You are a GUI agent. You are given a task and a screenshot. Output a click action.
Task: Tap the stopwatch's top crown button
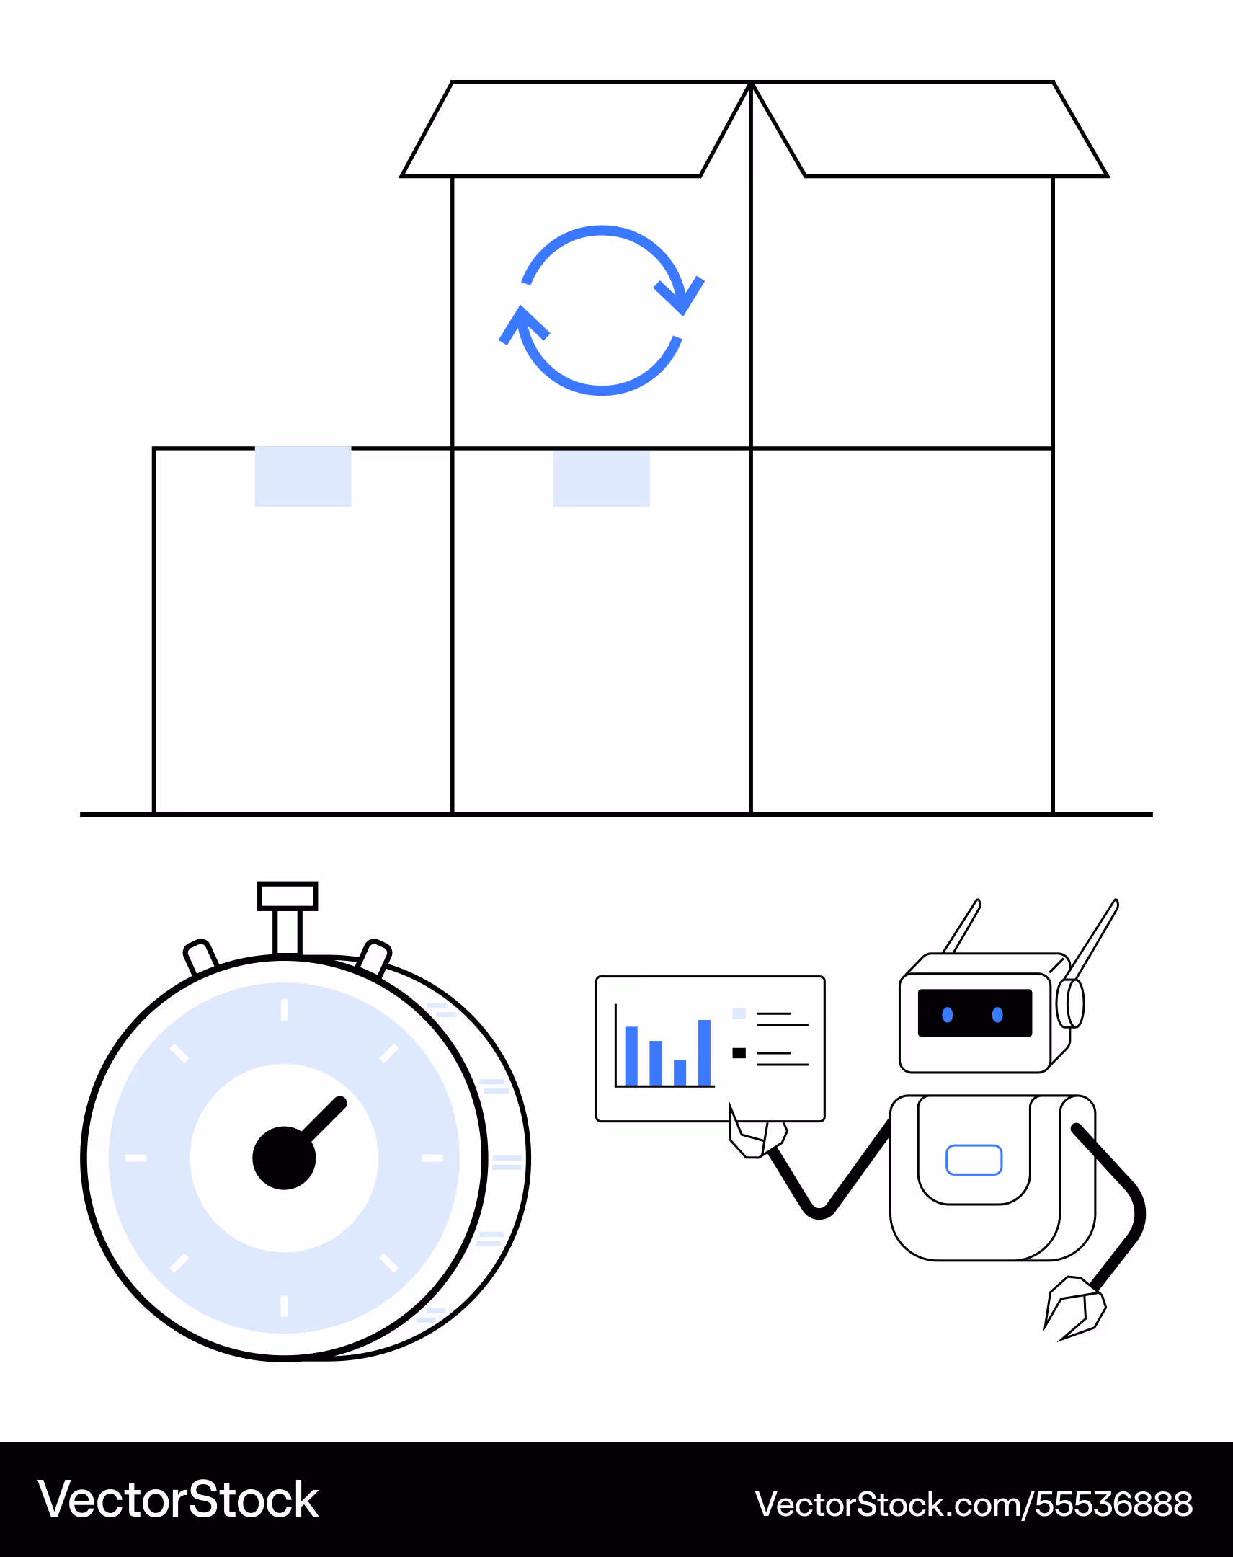coord(288,896)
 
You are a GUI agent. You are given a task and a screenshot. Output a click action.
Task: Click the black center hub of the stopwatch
coord(284,1158)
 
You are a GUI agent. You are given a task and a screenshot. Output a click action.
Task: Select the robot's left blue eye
coord(948,1015)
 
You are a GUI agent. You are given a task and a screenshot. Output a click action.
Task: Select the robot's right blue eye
coord(997,1015)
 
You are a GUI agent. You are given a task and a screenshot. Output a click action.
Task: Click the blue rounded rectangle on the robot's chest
coord(974,1160)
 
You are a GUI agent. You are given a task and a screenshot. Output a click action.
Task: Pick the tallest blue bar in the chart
coord(705,1052)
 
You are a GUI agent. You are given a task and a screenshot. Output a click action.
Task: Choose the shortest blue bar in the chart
coord(680,1073)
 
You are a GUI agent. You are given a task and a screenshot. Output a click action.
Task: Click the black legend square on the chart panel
coord(739,1053)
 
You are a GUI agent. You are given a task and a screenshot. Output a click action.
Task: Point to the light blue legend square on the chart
coord(739,1013)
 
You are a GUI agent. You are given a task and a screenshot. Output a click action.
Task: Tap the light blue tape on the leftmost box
coord(303,476)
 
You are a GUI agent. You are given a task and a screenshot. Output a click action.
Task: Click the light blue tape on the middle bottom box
coord(601,477)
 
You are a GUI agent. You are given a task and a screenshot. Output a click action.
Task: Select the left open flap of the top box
coord(576,129)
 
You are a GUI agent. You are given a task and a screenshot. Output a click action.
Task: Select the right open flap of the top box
coord(930,129)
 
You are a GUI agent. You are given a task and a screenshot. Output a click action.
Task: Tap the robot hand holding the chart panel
coord(757,1132)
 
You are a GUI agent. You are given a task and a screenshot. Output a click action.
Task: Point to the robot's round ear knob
coord(1070,1003)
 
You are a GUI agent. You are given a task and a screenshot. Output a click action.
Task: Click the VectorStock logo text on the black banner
coord(178,1500)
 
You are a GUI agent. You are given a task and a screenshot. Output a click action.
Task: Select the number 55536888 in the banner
coord(1114,1504)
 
